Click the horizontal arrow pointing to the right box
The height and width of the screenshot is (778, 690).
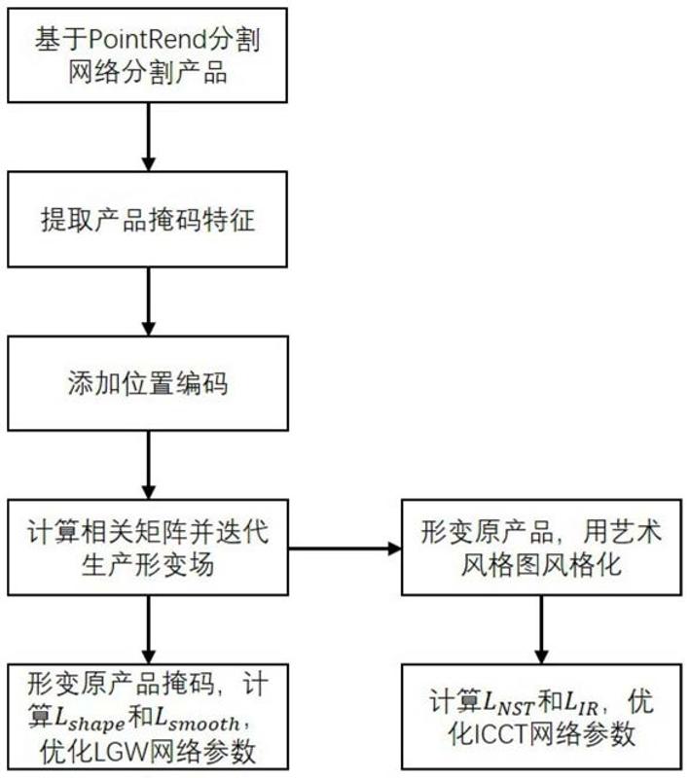(345, 549)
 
